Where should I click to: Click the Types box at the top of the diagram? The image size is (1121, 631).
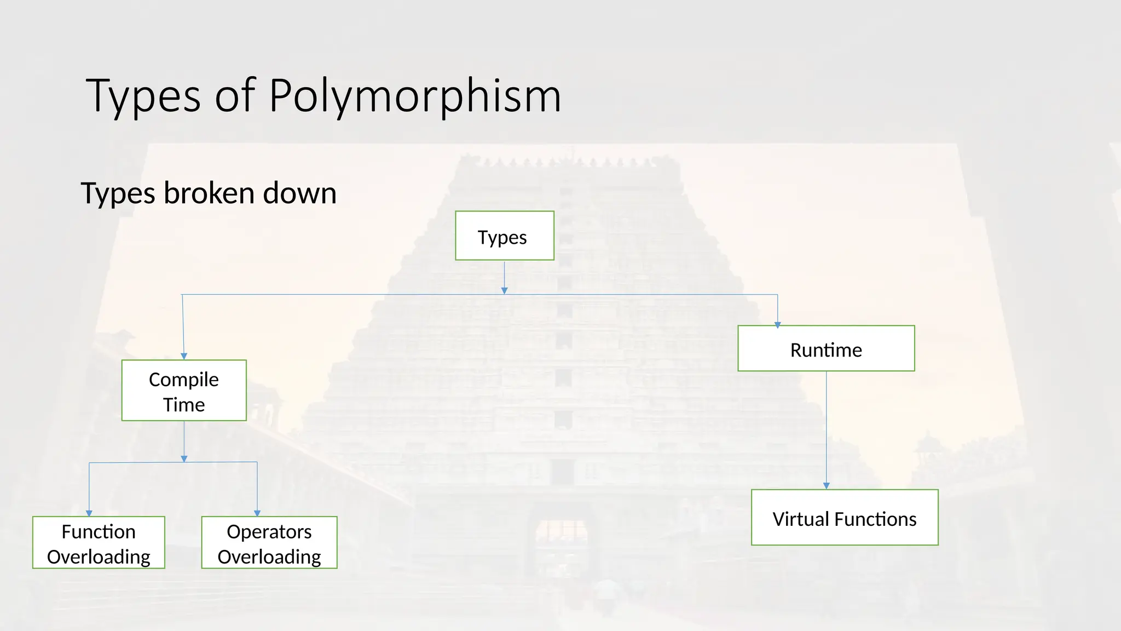pyautogui.click(x=504, y=236)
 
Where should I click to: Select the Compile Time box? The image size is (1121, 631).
pyautogui.click(x=184, y=390)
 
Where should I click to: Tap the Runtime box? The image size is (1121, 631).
pyautogui.click(x=826, y=348)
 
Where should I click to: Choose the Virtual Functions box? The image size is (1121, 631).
pyautogui.click(x=845, y=517)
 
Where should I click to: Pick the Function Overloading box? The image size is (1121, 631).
pyautogui.click(x=99, y=542)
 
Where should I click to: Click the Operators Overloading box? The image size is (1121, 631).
pyautogui.click(x=269, y=542)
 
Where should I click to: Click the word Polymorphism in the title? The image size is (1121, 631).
pyautogui.click(x=415, y=96)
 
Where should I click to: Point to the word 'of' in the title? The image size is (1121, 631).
pyautogui.click(x=235, y=96)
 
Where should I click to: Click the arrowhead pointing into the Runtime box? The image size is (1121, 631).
pyautogui.click(x=777, y=325)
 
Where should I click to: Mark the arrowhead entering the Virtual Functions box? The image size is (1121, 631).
pyautogui.click(x=827, y=486)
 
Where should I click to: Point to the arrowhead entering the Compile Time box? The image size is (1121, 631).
pyautogui.click(x=184, y=356)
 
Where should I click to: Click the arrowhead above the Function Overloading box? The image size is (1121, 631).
pyautogui.click(x=89, y=513)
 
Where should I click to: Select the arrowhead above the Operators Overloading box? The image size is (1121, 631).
pyautogui.click(x=257, y=513)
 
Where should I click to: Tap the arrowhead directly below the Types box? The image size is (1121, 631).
pyautogui.click(x=505, y=291)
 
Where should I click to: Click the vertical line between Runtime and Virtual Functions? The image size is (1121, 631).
pyautogui.click(x=827, y=427)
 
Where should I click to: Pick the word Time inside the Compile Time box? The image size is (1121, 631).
pyautogui.click(x=184, y=405)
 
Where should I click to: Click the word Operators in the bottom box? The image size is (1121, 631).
pyautogui.click(x=269, y=531)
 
